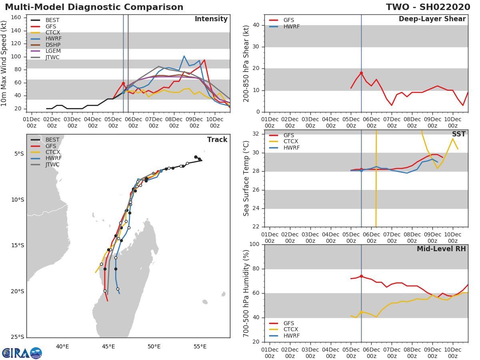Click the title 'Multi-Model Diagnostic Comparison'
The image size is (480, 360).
[94, 7]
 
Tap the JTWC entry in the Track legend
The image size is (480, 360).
[52, 164]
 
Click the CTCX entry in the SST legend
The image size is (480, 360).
[290, 141]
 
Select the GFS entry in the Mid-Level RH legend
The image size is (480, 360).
[289, 323]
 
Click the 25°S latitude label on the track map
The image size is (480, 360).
[18, 337]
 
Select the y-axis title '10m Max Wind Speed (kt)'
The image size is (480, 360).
[4, 63]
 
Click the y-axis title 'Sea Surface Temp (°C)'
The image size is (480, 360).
[246, 178]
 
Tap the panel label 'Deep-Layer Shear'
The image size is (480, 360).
[432, 19]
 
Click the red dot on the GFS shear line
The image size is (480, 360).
[361, 73]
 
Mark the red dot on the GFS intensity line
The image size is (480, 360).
[123, 83]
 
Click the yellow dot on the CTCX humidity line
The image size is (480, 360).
[361, 312]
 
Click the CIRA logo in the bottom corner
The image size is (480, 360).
[22, 353]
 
